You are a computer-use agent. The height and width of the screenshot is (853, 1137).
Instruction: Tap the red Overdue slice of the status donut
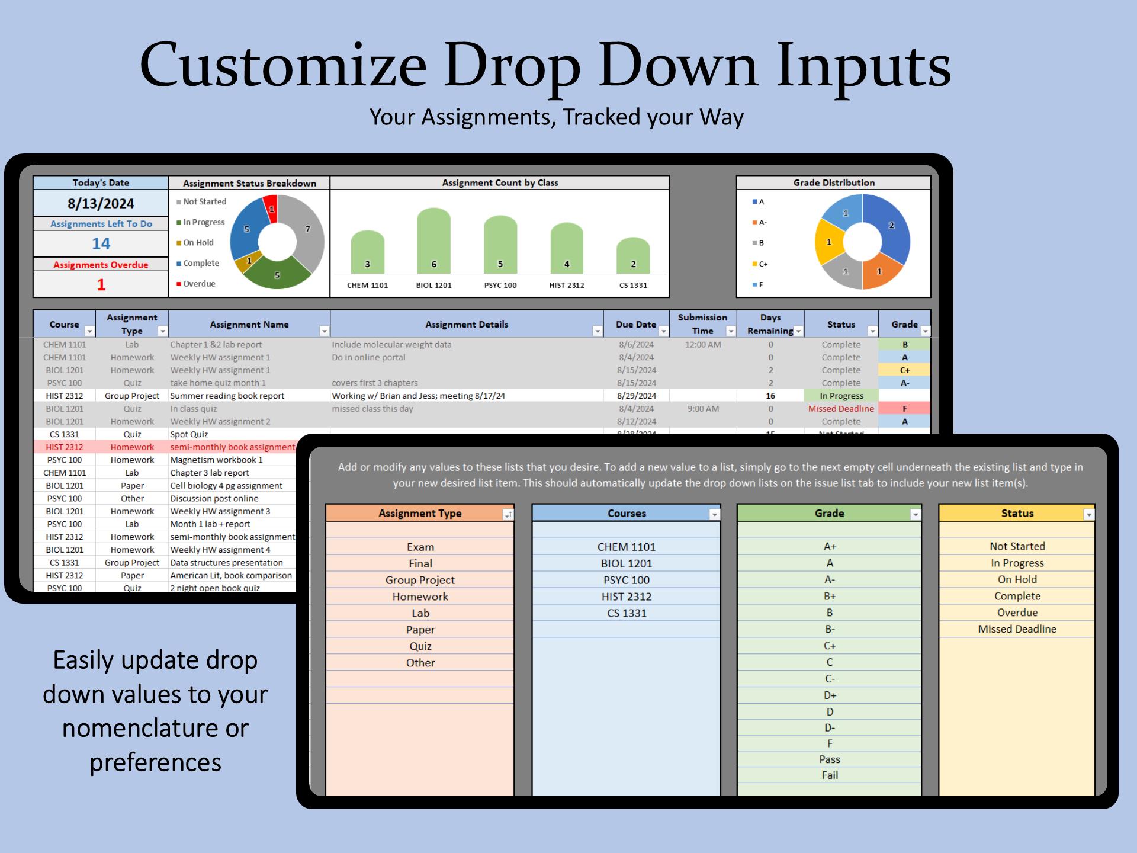point(271,209)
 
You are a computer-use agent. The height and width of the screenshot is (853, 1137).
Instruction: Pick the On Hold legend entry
point(198,243)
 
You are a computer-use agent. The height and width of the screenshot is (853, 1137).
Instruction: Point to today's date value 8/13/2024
point(101,204)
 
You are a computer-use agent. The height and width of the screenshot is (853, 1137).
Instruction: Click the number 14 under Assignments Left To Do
point(101,243)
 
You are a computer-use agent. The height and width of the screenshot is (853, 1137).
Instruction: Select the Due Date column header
point(635,325)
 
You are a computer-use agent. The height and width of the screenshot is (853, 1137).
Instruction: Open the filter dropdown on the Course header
point(89,331)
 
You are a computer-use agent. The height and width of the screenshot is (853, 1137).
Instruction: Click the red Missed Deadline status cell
point(841,409)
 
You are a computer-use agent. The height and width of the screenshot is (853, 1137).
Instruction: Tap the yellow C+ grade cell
point(904,370)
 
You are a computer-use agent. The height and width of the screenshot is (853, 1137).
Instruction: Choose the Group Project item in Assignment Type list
point(420,580)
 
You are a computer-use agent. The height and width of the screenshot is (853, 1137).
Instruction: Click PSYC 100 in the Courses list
point(627,580)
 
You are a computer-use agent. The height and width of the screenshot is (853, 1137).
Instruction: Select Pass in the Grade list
point(829,759)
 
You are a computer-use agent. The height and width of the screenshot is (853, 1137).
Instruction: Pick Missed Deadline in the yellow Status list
point(1017,629)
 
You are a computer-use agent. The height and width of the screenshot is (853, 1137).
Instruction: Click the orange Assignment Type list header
point(419,514)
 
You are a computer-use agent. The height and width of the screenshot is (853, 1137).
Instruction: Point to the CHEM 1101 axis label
point(367,286)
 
